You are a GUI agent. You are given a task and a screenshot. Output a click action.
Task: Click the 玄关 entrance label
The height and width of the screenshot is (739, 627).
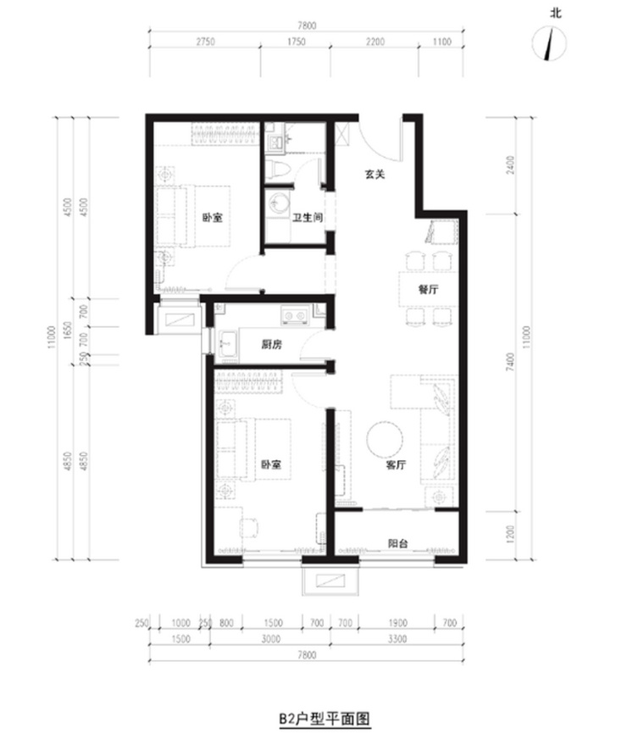click(x=375, y=174)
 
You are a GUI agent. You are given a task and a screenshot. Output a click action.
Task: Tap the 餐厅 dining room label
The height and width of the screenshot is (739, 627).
click(x=428, y=288)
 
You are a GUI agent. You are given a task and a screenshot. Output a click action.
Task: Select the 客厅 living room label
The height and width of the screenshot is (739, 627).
click(x=396, y=464)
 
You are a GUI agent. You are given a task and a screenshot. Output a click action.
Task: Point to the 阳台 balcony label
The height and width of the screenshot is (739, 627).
click(x=397, y=543)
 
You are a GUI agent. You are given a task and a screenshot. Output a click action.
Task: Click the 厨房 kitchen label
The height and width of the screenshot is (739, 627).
click(x=271, y=345)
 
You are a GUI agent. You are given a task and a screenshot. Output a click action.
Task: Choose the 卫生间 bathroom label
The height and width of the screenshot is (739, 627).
click(x=308, y=218)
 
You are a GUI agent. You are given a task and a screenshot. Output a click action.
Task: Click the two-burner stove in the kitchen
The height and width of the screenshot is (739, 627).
click(x=295, y=315)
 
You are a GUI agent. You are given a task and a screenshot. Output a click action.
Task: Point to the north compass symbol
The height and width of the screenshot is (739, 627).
click(x=549, y=43)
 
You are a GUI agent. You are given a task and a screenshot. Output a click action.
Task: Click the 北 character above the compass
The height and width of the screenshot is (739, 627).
click(x=556, y=13)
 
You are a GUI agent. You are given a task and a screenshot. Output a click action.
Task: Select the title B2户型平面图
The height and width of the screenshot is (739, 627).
click(x=325, y=720)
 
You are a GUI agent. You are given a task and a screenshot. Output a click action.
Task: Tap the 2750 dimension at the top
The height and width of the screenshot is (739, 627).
click(x=205, y=42)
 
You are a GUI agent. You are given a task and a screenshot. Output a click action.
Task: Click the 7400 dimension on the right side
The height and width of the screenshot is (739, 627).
click(x=510, y=362)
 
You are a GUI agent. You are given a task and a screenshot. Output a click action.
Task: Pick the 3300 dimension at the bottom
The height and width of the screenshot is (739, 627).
click(x=397, y=639)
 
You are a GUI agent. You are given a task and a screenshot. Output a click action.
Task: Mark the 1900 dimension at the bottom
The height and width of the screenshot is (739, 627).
click(x=397, y=623)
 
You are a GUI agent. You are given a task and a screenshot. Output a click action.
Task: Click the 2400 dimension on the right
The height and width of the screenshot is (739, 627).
click(x=510, y=165)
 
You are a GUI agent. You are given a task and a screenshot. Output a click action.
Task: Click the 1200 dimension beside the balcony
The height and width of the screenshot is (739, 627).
click(x=510, y=535)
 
